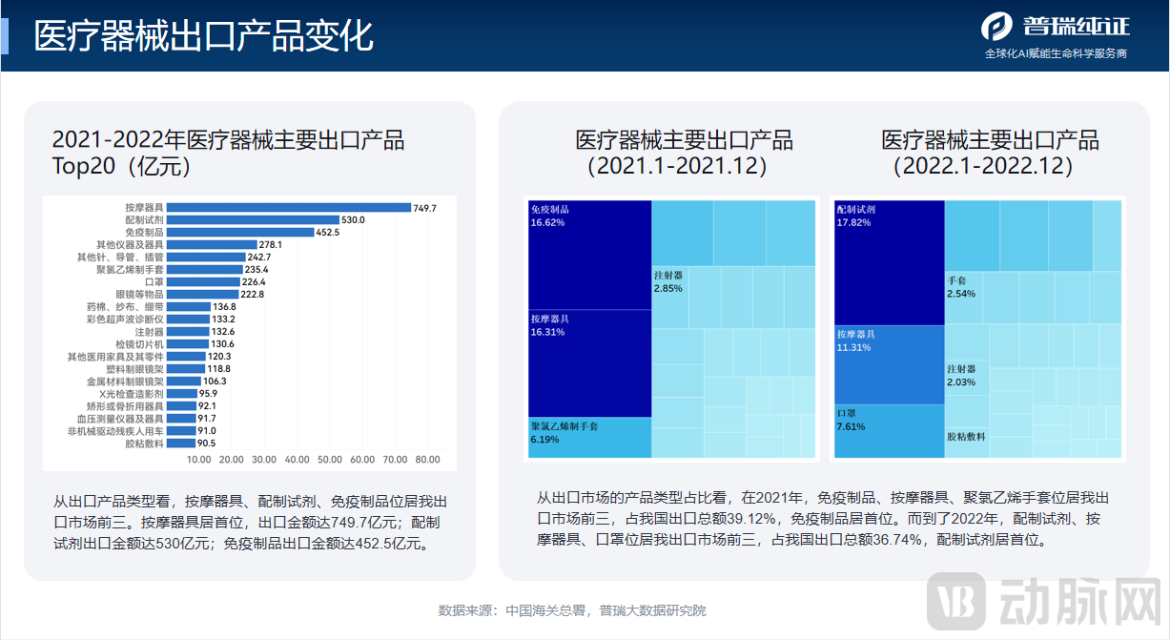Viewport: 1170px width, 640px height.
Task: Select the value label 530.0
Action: [x=354, y=219]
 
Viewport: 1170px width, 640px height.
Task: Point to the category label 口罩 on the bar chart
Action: [x=154, y=282]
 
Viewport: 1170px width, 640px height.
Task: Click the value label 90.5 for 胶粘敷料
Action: [x=206, y=444]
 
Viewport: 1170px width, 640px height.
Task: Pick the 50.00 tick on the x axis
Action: [x=329, y=460]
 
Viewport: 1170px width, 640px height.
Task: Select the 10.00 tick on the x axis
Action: [x=198, y=460]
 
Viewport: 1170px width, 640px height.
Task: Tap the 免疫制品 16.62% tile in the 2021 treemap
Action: [x=588, y=254]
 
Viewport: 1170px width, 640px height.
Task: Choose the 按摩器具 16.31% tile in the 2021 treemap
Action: [x=588, y=362]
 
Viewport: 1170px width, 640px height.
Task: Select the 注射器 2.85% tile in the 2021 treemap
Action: [x=685, y=297]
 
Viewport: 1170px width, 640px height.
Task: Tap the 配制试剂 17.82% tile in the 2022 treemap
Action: [x=889, y=262]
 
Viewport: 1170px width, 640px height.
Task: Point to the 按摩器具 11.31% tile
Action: [x=889, y=363]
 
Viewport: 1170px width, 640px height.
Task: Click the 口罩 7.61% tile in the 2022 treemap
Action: [x=889, y=431]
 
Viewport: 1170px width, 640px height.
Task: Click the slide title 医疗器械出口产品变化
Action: [x=203, y=36]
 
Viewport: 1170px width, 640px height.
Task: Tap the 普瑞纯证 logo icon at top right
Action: [x=996, y=26]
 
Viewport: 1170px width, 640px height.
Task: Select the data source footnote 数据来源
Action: [x=572, y=610]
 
